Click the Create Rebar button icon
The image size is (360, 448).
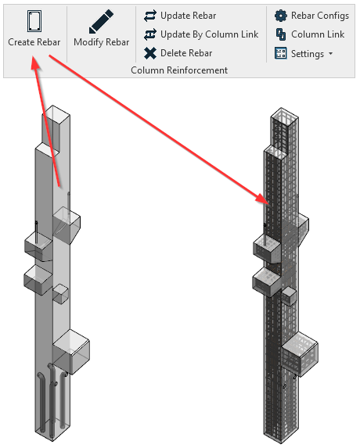pyautogui.click(x=33, y=20)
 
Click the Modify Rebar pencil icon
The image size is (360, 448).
pyautogui.click(x=101, y=21)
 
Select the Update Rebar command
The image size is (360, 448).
pyautogui.click(x=188, y=15)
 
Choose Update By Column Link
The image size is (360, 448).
pyautogui.click(x=209, y=34)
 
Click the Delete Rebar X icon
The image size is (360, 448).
pyautogui.click(x=151, y=53)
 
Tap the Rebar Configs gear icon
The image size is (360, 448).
pyautogui.click(x=281, y=15)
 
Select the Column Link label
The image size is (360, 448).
pyautogui.click(x=317, y=34)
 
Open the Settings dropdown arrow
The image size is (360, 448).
pyautogui.click(x=330, y=54)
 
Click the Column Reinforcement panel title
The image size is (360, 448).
pyautogui.click(x=179, y=70)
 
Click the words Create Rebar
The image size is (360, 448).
pyautogui.click(x=34, y=42)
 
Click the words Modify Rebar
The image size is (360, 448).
pyautogui.click(x=101, y=42)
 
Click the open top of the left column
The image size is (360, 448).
pyautogui.click(x=59, y=117)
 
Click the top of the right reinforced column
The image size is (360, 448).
pyautogui.click(x=283, y=118)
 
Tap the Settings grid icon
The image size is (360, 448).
pyautogui.click(x=281, y=54)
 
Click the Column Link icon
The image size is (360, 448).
pyautogui.click(x=281, y=34)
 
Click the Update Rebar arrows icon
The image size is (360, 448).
pyautogui.click(x=151, y=15)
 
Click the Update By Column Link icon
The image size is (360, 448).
pyautogui.click(x=151, y=34)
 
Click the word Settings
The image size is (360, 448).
pyautogui.click(x=307, y=54)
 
